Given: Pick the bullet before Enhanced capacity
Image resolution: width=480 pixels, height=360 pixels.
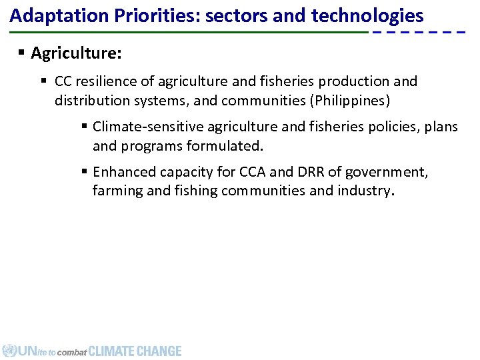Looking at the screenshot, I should coord(85,172).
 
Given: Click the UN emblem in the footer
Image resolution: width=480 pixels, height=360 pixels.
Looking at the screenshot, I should coord(9,351).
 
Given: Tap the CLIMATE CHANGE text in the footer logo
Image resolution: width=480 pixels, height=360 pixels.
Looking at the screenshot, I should coord(135,351).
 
